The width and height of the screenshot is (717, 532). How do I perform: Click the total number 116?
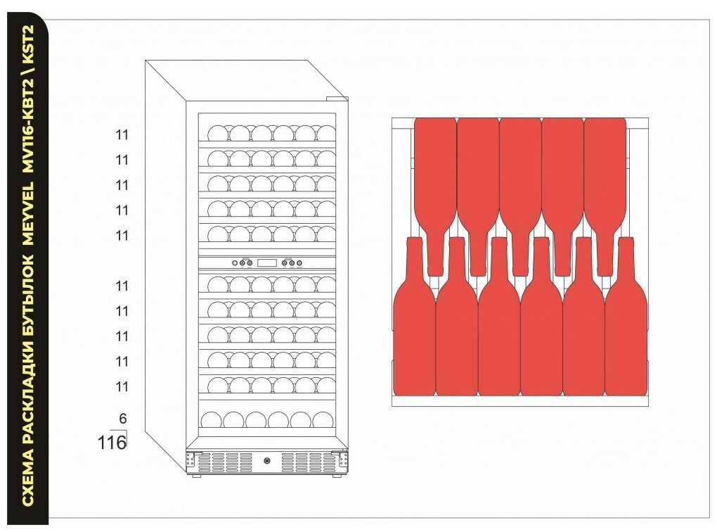click(x=111, y=443)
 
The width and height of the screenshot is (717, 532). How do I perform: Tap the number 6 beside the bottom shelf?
click(x=122, y=419)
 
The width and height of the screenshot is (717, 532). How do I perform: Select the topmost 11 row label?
click(x=122, y=135)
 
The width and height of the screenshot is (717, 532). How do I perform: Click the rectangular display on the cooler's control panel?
click(x=266, y=263)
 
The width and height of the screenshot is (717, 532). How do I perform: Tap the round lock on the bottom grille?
click(x=267, y=462)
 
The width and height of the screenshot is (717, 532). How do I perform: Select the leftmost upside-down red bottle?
click(x=436, y=190)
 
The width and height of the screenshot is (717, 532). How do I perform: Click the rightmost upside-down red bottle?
click(x=605, y=190)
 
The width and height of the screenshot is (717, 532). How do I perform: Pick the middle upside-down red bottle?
click(x=520, y=190)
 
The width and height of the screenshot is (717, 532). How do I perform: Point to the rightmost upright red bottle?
click(x=626, y=324)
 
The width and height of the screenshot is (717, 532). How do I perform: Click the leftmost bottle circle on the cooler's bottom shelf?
click(x=212, y=420)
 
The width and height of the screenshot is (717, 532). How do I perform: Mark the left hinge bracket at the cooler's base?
click(x=190, y=461)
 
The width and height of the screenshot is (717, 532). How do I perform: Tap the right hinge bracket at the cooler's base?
click(x=344, y=461)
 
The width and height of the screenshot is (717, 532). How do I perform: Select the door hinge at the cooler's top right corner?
click(x=340, y=99)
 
